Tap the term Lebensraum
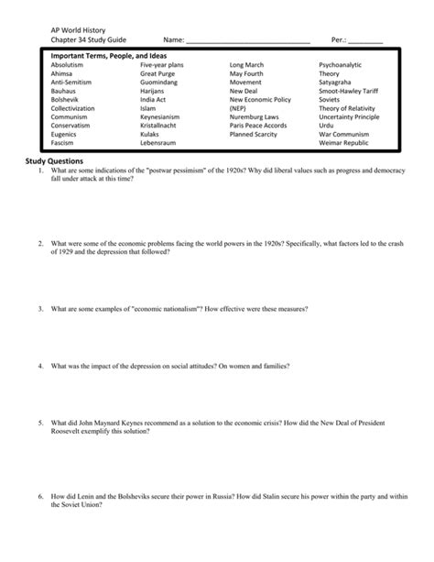pos(157,143)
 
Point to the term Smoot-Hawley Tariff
pos(348,91)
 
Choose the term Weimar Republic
pos(343,143)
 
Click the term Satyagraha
pos(338,83)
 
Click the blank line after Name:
pos(248,41)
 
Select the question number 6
pos(41,495)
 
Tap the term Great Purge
pos(158,73)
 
